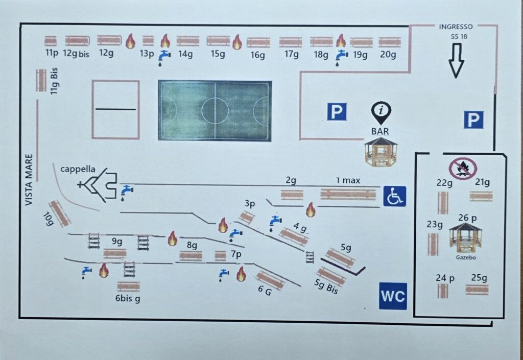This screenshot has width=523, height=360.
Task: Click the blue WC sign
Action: pyautogui.click(x=393, y=296)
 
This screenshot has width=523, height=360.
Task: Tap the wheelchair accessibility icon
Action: pyautogui.click(x=395, y=196)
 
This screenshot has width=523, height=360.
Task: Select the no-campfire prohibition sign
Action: pyautogui.click(x=463, y=169)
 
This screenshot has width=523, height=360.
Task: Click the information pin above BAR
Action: pyautogui.click(x=381, y=113)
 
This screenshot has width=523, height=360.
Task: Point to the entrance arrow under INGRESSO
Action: pyautogui.click(x=456, y=61)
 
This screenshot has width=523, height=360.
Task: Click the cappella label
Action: pyautogui.click(x=78, y=170)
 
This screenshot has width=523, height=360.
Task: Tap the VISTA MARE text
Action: pyautogui.click(x=29, y=180)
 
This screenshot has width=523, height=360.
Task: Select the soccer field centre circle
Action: pyautogui.click(x=215, y=111)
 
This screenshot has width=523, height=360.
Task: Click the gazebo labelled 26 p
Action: pyautogui.click(x=465, y=238)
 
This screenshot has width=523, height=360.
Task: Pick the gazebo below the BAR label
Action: pyautogui.click(x=381, y=152)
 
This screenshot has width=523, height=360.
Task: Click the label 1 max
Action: pyautogui.click(x=348, y=180)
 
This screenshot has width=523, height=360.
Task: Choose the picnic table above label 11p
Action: pyautogui.click(x=51, y=41)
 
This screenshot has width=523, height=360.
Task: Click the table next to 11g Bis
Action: pyautogui.click(x=41, y=80)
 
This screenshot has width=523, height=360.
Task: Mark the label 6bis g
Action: pyautogui.click(x=128, y=298)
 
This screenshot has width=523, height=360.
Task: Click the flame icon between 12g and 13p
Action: pyautogui.click(x=130, y=41)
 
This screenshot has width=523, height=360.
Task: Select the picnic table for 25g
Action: pyautogui.click(x=477, y=290)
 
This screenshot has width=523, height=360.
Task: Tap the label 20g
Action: pyautogui.click(x=388, y=54)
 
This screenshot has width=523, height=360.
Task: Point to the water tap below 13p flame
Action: pyautogui.click(x=164, y=58)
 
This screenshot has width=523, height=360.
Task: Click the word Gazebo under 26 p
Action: pyautogui.click(x=466, y=258)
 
